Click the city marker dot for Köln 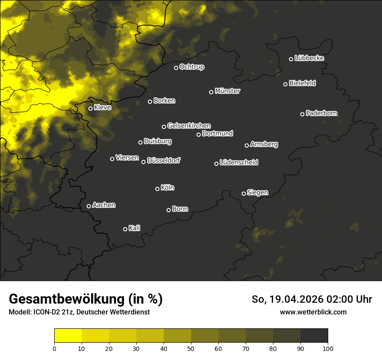[x=157, y=189]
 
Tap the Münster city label [x=227, y=91]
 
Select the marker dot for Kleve [x=90, y=108]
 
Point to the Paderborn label [x=322, y=113]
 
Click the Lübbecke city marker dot [x=291, y=59]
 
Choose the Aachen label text [x=104, y=205]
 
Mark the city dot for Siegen [x=244, y=193]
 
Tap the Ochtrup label [x=192, y=67]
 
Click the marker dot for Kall [x=125, y=229]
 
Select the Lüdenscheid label [x=239, y=163]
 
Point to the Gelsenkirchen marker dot [x=164, y=127]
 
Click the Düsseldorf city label [x=164, y=160]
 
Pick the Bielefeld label [x=302, y=83]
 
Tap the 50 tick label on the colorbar [x=191, y=348]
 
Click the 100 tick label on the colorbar [x=328, y=348]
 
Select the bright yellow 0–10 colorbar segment [x=68, y=336]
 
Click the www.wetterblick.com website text [x=313, y=312]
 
